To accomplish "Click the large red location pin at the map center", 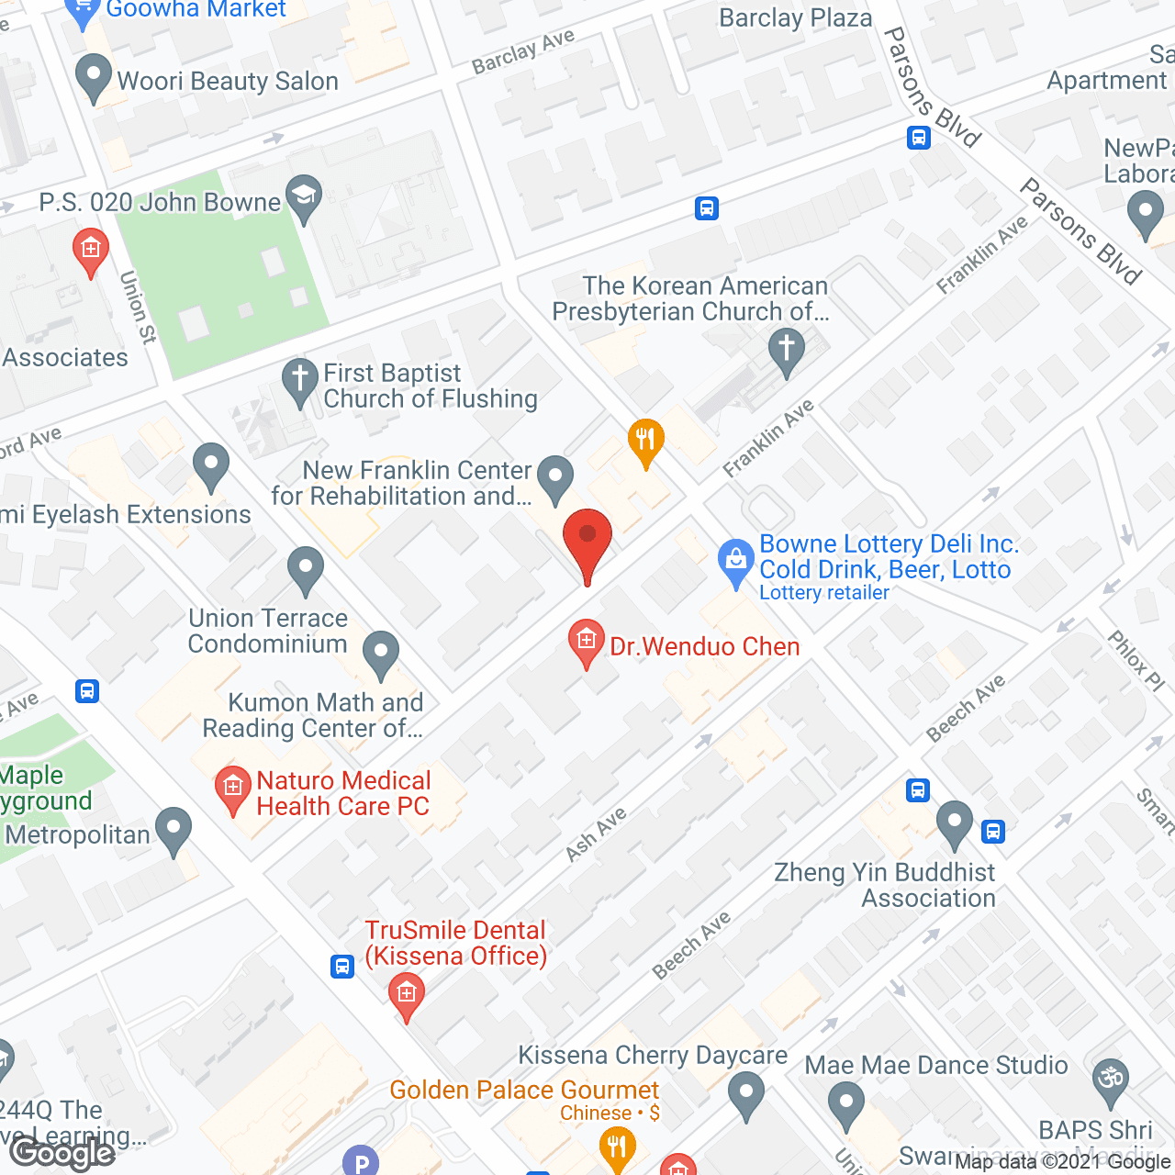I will [587, 542].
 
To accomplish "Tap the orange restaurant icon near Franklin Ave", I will [645, 441].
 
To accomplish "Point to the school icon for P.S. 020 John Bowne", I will [304, 196].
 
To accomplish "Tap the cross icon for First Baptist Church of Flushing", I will [299, 380].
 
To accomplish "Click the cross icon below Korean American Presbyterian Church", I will [786, 351].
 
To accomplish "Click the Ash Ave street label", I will [596, 834].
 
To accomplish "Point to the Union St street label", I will [138, 307].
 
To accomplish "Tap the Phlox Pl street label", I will [1136, 660].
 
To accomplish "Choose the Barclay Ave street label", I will [522, 51].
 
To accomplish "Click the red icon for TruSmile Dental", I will [406, 993].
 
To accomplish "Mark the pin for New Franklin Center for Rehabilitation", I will [554, 476].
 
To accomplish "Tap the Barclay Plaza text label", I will [795, 17].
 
